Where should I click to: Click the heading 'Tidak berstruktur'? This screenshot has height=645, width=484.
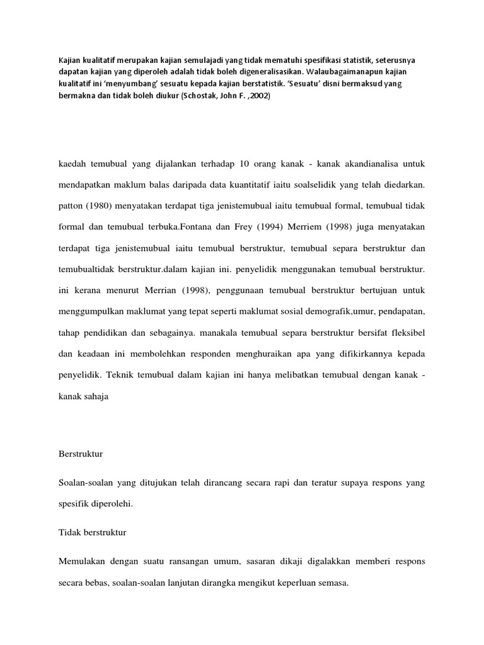pyautogui.click(x=92, y=532)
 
